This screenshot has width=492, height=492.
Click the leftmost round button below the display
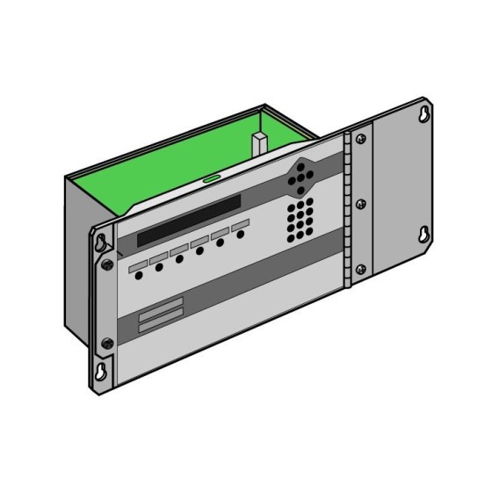[140, 275]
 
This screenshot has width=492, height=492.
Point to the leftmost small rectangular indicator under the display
[138, 264]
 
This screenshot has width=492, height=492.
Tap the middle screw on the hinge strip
[360, 204]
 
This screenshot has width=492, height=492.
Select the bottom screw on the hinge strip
[359, 269]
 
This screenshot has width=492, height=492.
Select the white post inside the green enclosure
[259, 144]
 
